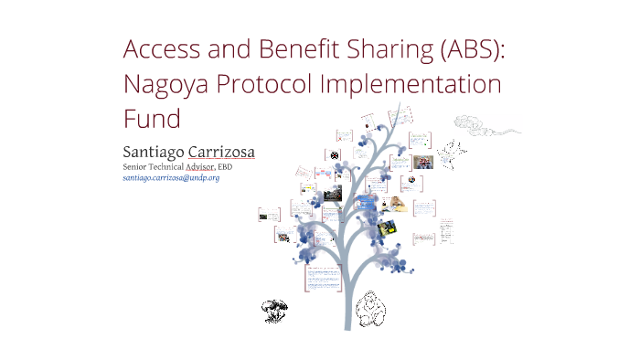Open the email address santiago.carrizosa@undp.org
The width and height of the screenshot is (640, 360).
(x=171, y=178)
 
